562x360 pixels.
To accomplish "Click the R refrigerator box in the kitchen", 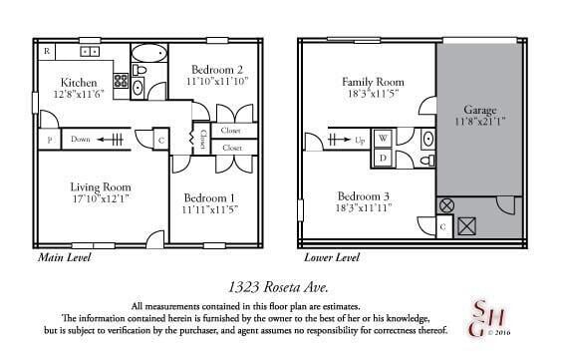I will (47, 50).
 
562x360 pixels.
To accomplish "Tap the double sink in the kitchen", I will (91, 50).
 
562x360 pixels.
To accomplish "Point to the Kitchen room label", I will (78, 82).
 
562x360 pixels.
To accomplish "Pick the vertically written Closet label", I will (204, 140).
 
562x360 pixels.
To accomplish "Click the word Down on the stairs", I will (81, 140).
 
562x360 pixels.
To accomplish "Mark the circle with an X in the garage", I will (446, 204).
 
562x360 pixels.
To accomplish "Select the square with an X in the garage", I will (466, 226).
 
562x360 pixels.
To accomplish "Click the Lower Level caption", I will (331, 256).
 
